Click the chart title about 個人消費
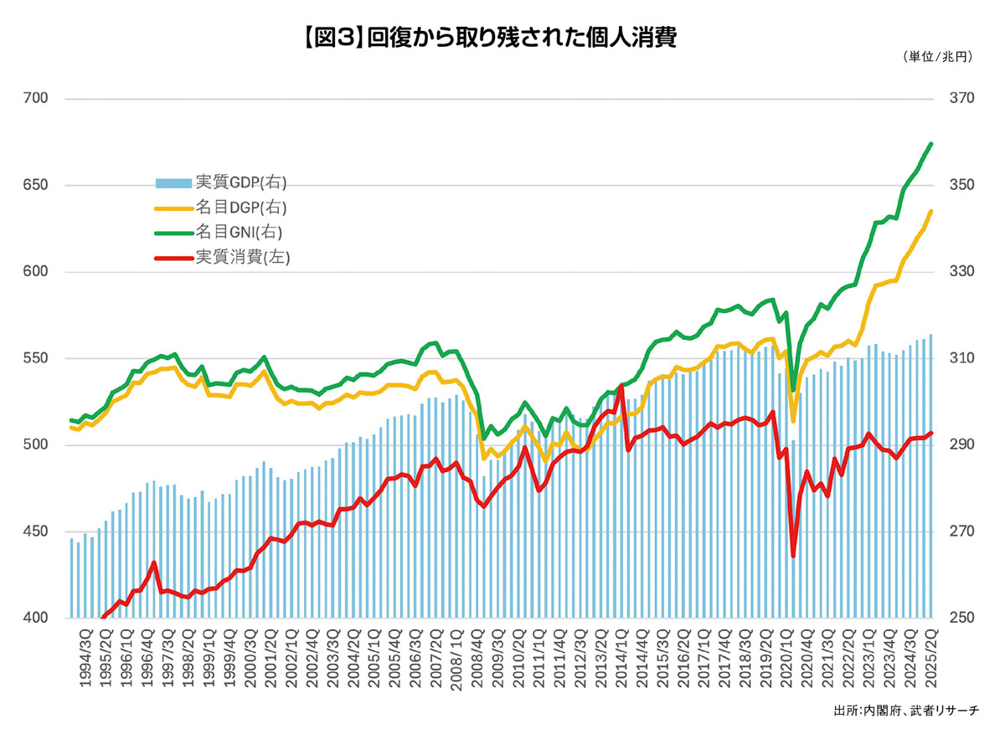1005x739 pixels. pos(502,37)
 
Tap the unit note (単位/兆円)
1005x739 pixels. pos(938,57)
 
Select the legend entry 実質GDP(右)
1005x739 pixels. pos(227,183)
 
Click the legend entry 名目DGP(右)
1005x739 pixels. pos(227,207)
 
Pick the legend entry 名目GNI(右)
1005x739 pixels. pos(225,232)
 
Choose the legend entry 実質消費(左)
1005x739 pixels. pos(227,257)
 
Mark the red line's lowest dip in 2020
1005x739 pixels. pos(792,556)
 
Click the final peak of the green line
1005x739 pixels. pos(931,144)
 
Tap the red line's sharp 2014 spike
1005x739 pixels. pos(621,386)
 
